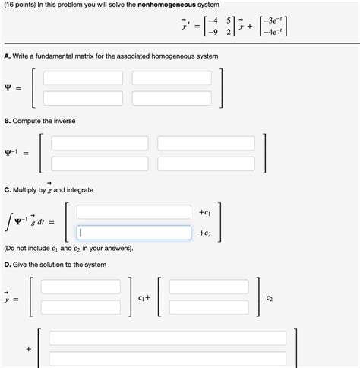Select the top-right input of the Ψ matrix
pos(172,78)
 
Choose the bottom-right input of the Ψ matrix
pos(172,98)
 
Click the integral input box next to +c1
pos(133,211)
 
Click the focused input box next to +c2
pos(133,233)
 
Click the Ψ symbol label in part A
pos(8,88)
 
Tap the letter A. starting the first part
pos(7,57)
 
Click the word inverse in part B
pos(62,122)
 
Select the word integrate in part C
pos(78,189)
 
